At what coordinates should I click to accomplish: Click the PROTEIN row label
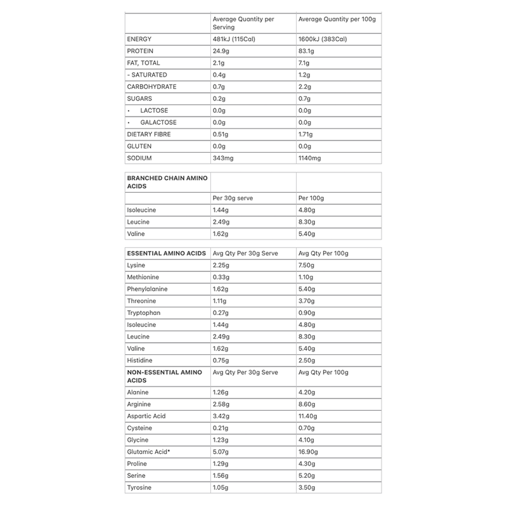[x=140, y=51]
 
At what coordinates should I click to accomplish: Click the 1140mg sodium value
[x=311, y=158]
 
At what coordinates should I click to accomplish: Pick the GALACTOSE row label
[x=158, y=122]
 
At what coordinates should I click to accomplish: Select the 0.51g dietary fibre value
[x=221, y=134]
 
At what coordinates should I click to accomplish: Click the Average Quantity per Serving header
[x=243, y=23]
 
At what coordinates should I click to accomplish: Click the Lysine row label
[x=137, y=265]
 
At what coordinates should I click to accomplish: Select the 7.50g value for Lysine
[x=308, y=265]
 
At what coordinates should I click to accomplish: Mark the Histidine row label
[x=139, y=360]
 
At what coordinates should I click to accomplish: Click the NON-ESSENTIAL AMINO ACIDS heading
[x=164, y=376]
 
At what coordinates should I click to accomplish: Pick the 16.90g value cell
[x=310, y=451]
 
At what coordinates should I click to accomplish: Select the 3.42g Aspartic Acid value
[x=221, y=416]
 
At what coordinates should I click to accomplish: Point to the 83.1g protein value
[x=306, y=51]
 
